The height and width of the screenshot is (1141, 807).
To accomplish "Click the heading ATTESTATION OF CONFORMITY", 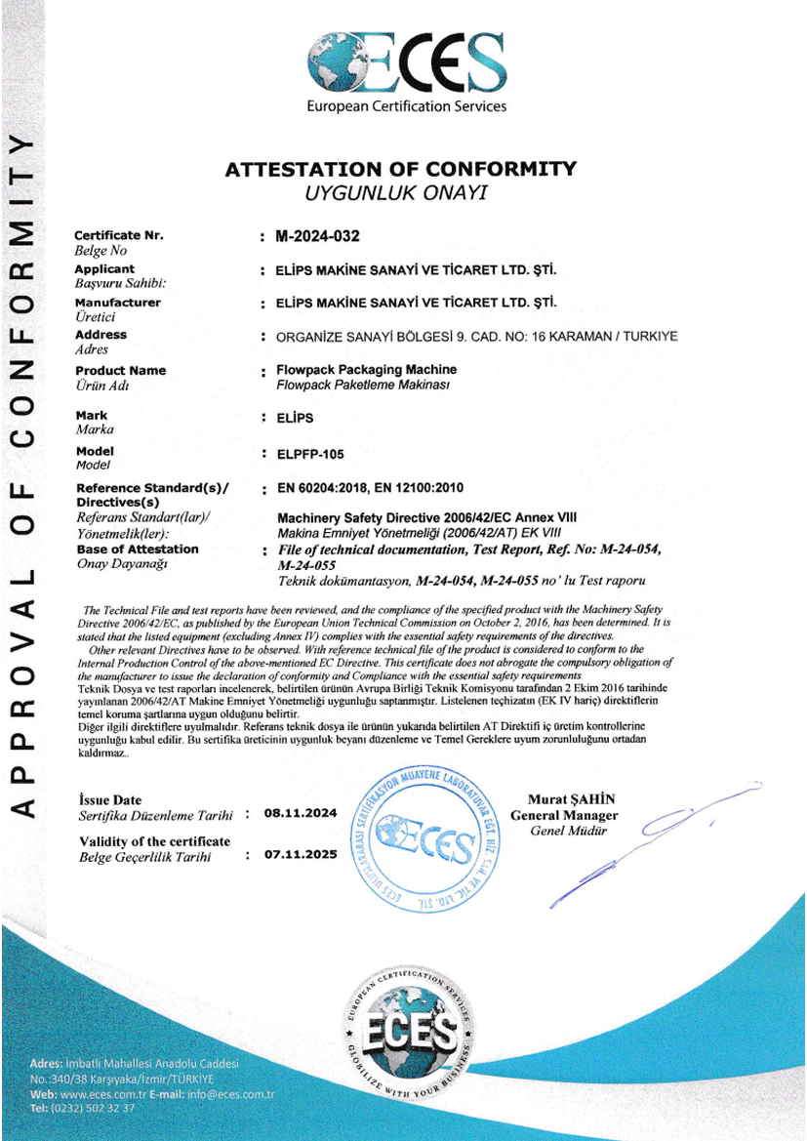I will [x=400, y=169].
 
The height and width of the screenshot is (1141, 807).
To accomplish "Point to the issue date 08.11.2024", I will [x=301, y=811].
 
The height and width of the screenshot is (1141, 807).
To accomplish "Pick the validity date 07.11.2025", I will [x=301, y=854].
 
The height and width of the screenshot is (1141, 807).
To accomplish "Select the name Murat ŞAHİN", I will [x=571, y=799].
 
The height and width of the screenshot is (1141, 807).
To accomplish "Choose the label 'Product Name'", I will [x=120, y=371].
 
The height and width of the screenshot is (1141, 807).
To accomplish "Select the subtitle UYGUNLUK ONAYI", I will [x=395, y=193].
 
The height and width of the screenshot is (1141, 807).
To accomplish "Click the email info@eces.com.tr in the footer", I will [x=231, y=1094].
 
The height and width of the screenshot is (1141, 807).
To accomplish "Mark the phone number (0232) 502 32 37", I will [x=96, y=1108].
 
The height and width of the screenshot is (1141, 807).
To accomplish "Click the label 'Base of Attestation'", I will [x=137, y=550].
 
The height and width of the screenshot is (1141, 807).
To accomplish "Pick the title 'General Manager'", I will [x=565, y=815].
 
